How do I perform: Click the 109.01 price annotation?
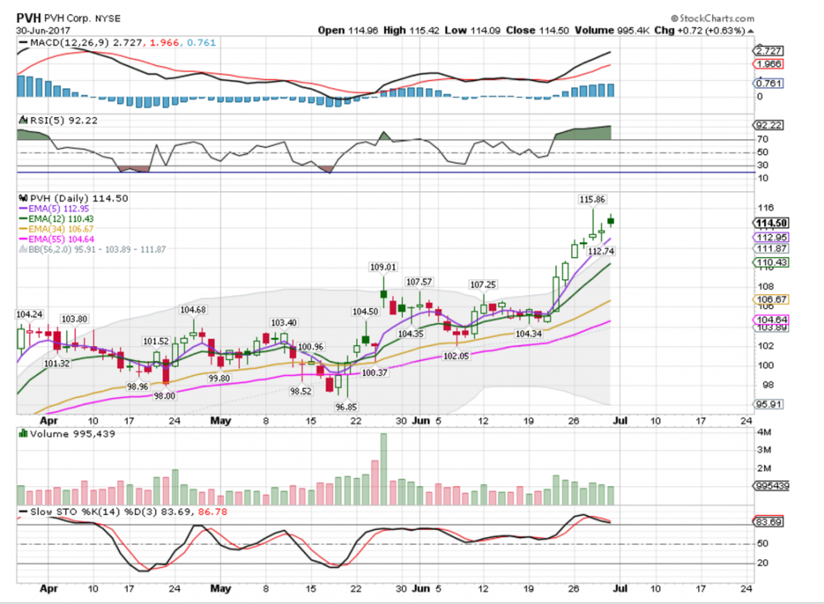382,267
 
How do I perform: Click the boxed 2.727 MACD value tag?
770,50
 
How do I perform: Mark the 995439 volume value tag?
772,486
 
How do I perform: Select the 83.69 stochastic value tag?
770,522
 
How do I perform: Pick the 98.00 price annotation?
165,396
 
